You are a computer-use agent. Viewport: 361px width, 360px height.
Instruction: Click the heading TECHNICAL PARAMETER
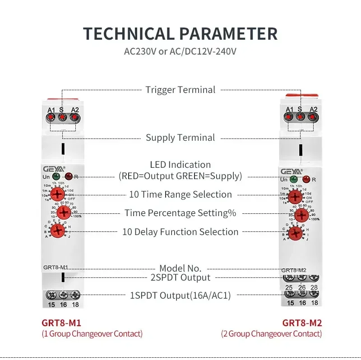click(180, 34)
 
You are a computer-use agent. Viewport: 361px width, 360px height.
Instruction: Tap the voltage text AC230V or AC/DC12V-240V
click(180, 51)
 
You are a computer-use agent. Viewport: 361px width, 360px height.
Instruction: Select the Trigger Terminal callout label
click(180, 90)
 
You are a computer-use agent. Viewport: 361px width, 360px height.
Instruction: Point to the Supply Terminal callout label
click(180, 138)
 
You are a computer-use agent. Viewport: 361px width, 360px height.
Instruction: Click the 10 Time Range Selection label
click(180, 194)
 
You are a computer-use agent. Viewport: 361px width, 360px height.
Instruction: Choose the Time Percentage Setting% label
click(180, 213)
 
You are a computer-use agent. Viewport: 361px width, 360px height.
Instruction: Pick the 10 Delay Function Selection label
click(180, 232)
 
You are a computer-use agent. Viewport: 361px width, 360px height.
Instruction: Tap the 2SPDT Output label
click(180, 277)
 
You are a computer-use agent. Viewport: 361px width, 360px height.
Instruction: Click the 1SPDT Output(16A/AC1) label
click(180, 295)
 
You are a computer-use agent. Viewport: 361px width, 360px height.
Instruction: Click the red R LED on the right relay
click(306, 180)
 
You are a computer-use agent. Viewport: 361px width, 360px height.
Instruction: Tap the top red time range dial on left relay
click(57, 194)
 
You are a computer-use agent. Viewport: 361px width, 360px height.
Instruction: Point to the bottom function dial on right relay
click(295, 233)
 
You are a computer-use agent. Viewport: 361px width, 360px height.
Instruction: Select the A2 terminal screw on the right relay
click(312, 117)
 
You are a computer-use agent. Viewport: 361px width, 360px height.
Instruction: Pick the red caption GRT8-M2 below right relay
click(302, 323)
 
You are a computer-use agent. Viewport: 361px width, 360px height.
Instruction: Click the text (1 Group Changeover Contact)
click(92, 334)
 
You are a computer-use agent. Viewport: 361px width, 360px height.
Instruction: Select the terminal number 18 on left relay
click(75, 305)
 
